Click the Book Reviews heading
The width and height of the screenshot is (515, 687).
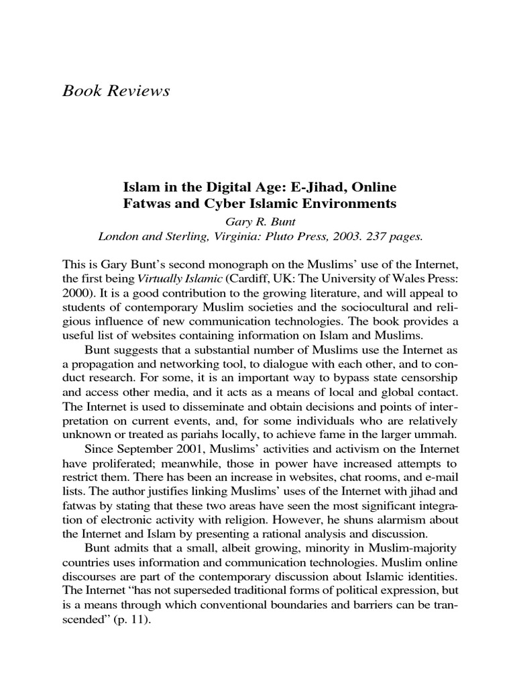point(116,91)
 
